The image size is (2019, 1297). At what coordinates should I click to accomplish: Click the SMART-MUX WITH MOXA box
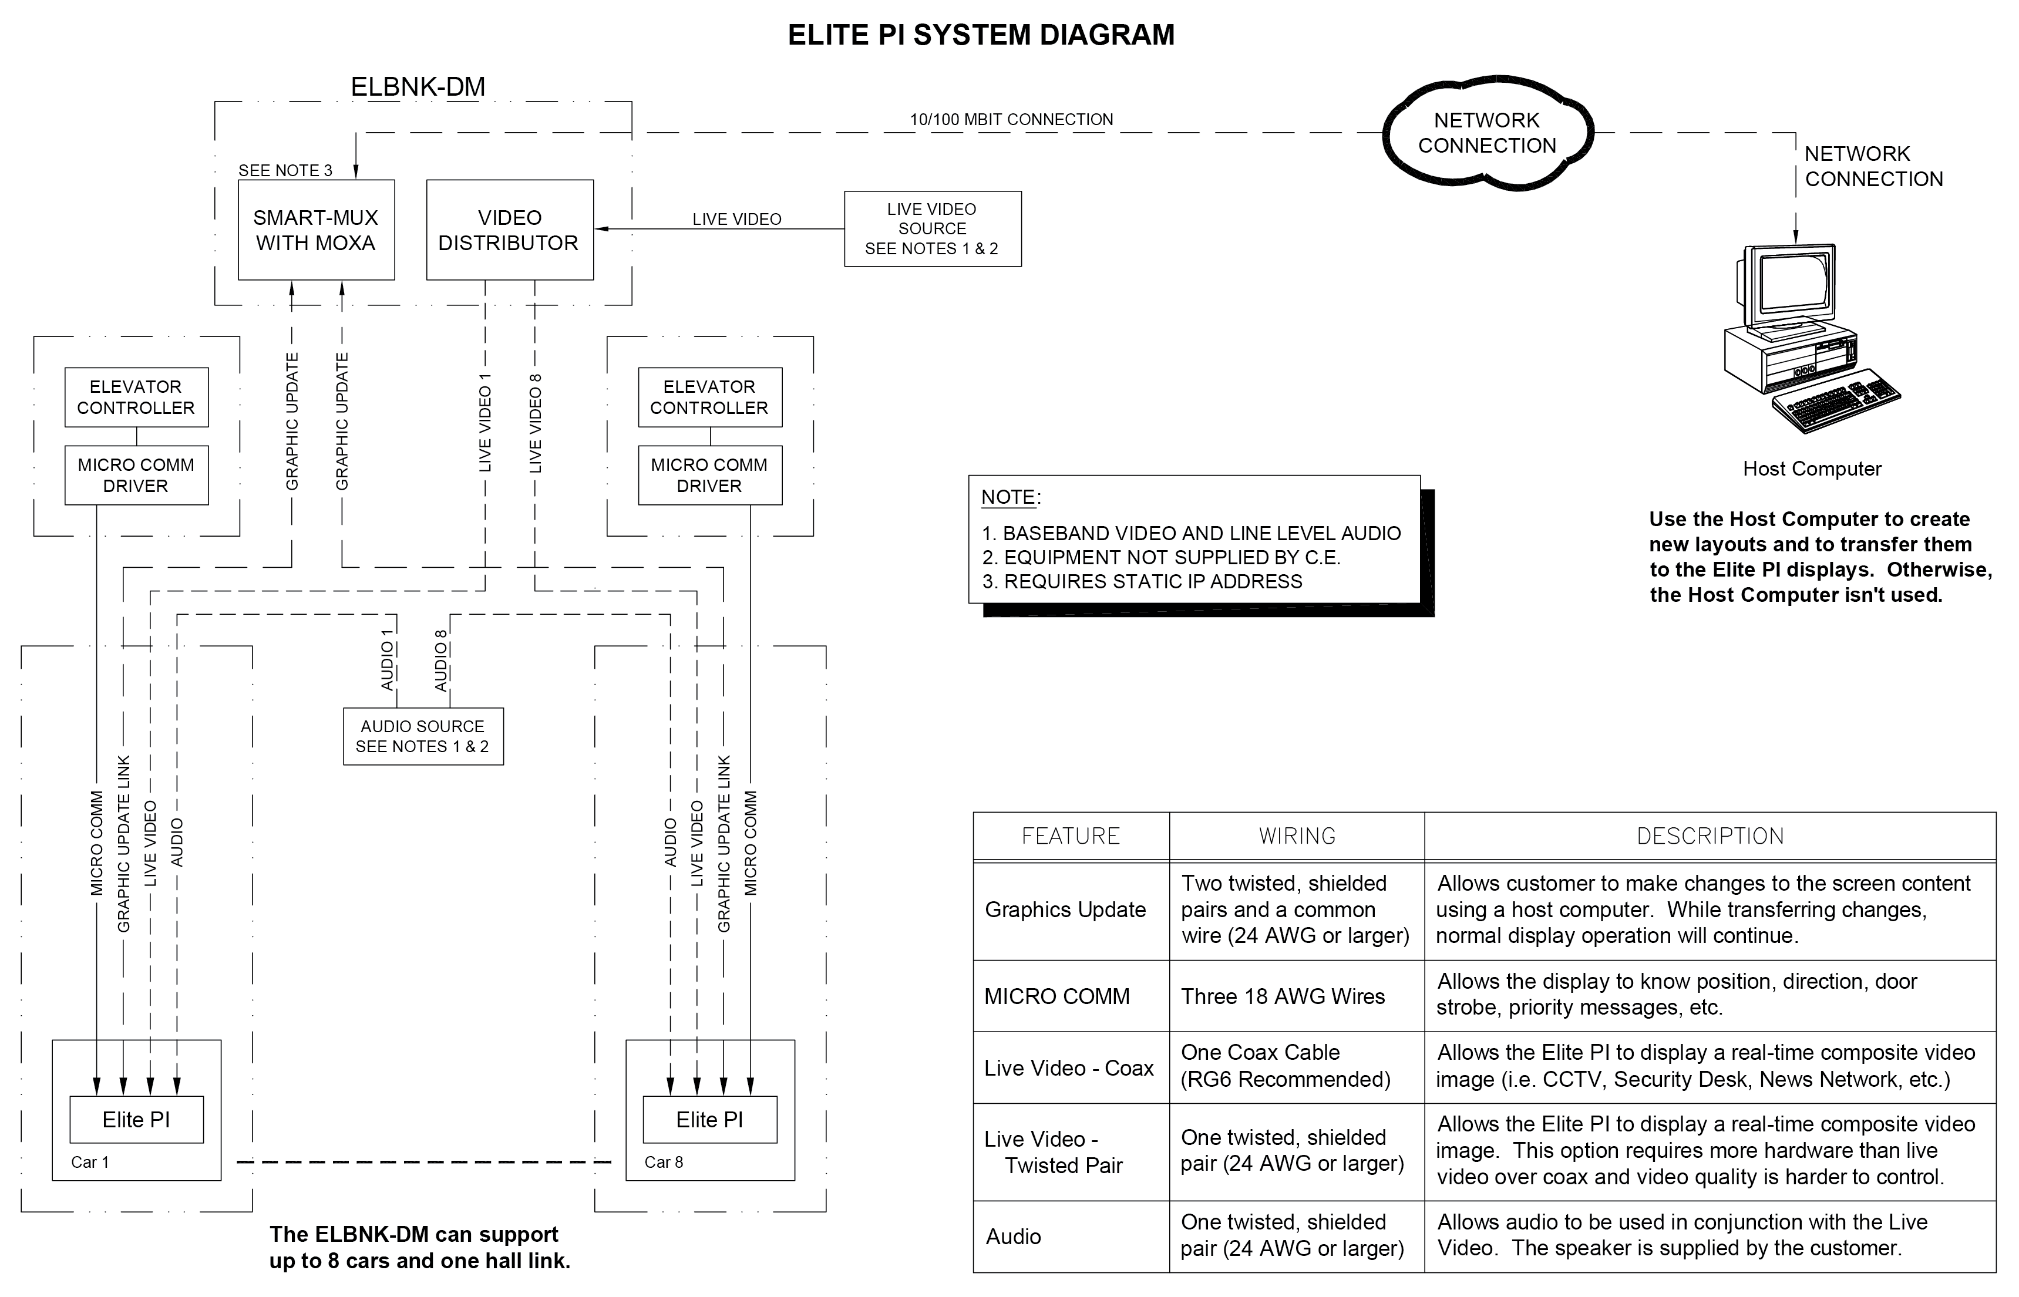click(x=316, y=230)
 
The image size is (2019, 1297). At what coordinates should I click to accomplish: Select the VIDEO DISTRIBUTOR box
click(x=510, y=230)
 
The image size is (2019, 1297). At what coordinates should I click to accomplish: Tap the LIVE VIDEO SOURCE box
click(x=933, y=229)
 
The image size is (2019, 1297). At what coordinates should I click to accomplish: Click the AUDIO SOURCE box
click(x=423, y=736)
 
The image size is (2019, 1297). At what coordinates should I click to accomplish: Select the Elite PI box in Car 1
click(x=136, y=1119)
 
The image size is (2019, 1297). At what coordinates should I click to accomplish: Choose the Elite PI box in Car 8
click(x=709, y=1119)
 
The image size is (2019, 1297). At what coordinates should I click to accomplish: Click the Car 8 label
click(x=664, y=1162)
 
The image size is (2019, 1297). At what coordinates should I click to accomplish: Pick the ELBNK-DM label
click(x=418, y=87)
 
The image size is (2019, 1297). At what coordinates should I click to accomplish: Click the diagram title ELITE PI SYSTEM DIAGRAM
click(x=981, y=35)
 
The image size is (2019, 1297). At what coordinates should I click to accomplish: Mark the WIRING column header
click(x=1297, y=836)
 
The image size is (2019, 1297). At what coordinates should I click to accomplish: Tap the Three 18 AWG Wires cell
click(x=1283, y=996)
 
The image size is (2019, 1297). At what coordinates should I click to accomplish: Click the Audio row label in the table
click(x=1014, y=1237)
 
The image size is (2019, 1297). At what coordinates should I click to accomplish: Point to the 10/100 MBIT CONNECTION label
click(x=1012, y=120)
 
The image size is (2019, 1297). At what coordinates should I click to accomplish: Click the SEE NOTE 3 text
click(x=285, y=170)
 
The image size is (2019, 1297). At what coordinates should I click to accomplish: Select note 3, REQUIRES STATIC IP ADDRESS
click(x=1142, y=581)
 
